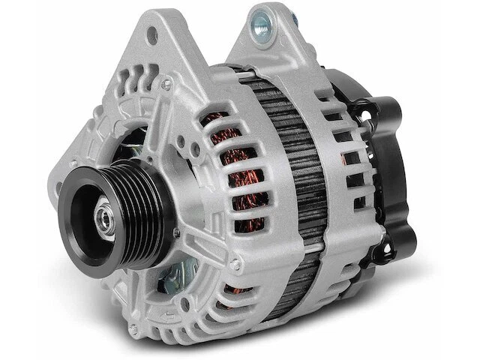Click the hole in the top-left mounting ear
[154, 34]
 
